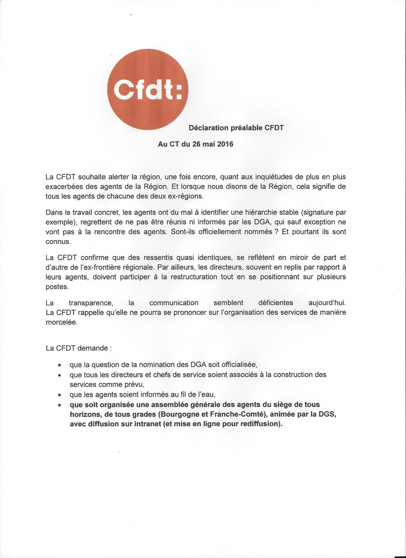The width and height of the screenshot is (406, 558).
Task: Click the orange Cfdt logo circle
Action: (x=148, y=89)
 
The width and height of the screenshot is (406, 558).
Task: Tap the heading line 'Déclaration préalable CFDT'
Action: (x=236, y=128)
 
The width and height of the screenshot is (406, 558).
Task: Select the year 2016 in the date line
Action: (x=225, y=144)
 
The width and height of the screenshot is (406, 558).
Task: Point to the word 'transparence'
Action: (x=91, y=303)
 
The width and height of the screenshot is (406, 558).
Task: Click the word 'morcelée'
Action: (x=61, y=323)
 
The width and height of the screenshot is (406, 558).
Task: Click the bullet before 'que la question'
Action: (x=60, y=365)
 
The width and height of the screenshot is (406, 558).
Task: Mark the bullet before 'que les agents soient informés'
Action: (x=60, y=395)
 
